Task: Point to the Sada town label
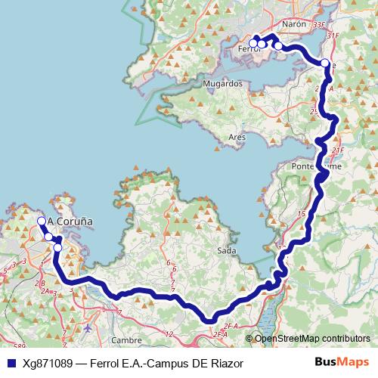tap(226, 251)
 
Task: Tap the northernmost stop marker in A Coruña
tap(42, 221)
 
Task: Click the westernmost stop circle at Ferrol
tap(253, 43)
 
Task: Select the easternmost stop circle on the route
tap(325, 64)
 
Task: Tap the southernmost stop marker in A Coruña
tap(57, 247)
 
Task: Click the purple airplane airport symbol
tap(89, 328)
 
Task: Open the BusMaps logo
tap(347, 363)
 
